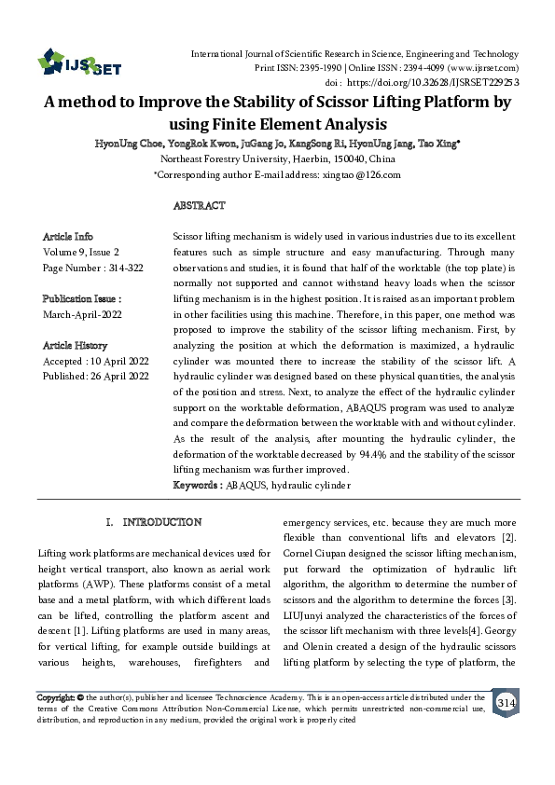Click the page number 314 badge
[x=506, y=701]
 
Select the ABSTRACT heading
[x=199, y=205]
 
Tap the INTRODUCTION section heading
[x=155, y=522]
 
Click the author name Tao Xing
[x=437, y=145]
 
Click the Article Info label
[x=68, y=237]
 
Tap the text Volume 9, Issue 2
[x=81, y=252]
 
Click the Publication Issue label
[x=82, y=298]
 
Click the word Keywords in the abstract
[x=196, y=486]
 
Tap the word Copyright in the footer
[x=55, y=696]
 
